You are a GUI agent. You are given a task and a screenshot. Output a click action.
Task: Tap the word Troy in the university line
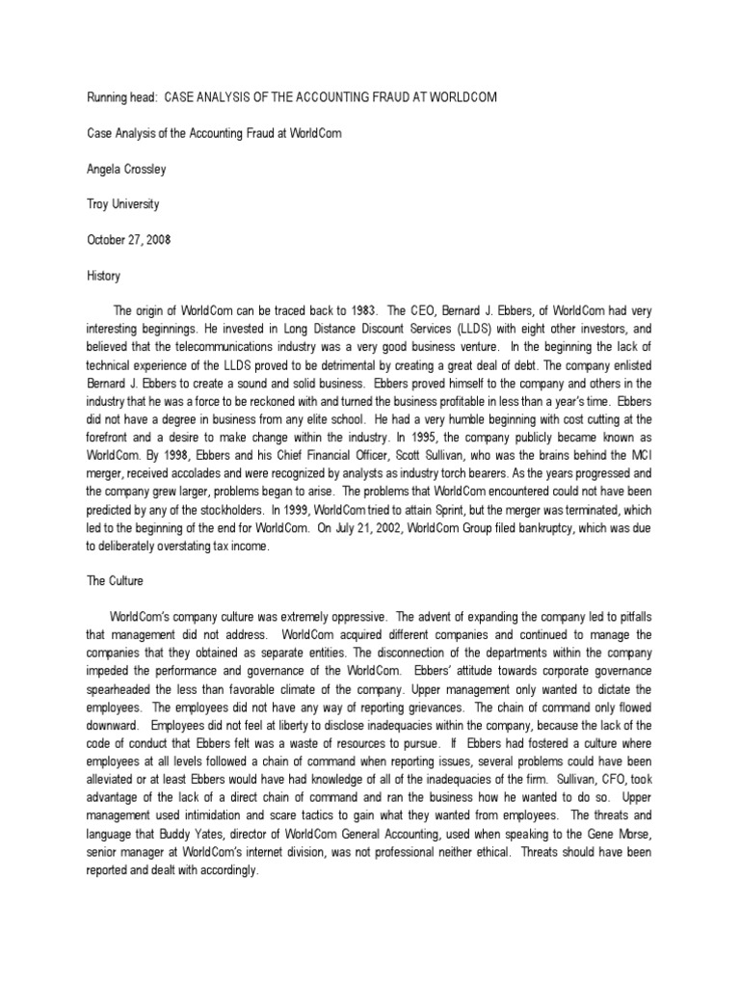[97, 205]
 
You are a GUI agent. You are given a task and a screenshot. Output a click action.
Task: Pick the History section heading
[103, 277]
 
